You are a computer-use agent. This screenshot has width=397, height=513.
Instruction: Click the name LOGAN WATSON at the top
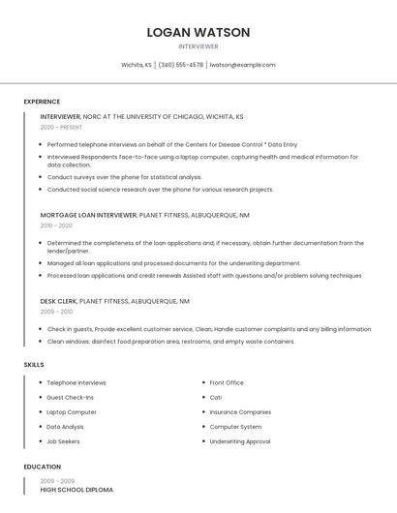198,32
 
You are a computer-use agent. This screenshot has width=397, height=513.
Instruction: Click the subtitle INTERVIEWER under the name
198,46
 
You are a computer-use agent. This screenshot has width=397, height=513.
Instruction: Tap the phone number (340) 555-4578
181,65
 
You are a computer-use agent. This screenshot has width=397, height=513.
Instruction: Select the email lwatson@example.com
242,65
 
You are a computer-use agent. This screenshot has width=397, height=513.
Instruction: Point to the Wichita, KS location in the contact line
136,65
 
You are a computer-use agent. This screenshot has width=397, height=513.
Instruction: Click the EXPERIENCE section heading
42,102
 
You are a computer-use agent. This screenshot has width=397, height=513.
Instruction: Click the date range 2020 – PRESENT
62,127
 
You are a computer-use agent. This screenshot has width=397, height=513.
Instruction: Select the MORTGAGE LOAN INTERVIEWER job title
88,215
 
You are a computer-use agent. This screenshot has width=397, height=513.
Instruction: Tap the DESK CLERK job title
59,301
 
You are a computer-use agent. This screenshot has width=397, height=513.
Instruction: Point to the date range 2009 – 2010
56,312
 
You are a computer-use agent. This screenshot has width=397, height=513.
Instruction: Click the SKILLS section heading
34,364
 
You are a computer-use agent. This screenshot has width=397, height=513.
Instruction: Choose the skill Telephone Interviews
76,382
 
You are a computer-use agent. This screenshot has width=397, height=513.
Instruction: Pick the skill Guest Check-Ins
70,397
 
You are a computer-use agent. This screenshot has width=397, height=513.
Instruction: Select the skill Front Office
227,382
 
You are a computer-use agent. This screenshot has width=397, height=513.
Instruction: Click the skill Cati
216,397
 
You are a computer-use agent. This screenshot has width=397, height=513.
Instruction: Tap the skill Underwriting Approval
240,440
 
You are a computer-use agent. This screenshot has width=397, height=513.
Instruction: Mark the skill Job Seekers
64,440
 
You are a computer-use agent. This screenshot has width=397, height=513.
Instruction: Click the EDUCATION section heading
42,467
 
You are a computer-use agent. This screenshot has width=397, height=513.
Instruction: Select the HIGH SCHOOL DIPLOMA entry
76,490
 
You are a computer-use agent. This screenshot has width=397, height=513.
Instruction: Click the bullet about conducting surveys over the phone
125,177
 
